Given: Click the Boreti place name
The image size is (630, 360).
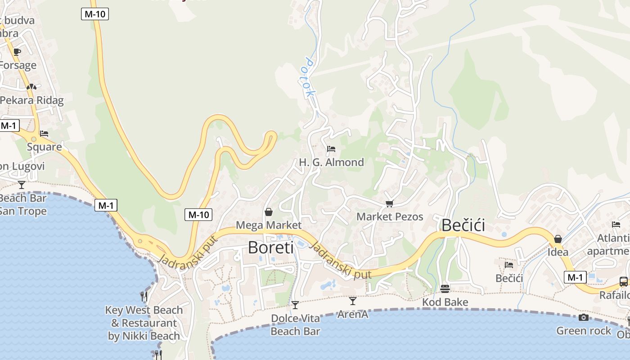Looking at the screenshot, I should pyautogui.click(x=270, y=247).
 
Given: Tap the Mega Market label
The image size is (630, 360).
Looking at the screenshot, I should pyautogui.click(x=269, y=225).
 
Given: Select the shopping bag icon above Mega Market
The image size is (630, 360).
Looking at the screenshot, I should pyautogui.click(x=269, y=211).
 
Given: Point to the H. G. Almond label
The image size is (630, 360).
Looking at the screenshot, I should pyautogui.click(x=332, y=162).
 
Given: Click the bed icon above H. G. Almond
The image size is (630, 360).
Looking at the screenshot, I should pyautogui.click(x=331, y=148).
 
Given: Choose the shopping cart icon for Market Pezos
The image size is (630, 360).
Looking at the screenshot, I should pyautogui.click(x=390, y=204).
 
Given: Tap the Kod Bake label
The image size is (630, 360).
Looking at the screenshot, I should pyautogui.click(x=445, y=302).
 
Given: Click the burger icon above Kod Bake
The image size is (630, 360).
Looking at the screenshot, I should pyautogui.click(x=445, y=288).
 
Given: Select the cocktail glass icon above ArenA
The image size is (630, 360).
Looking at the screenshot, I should pyautogui.click(x=353, y=301).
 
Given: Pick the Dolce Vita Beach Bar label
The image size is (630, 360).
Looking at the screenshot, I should pyautogui.click(x=295, y=325).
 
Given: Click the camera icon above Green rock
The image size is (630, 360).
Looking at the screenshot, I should pyautogui.click(x=584, y=317).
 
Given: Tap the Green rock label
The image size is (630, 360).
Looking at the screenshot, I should pyautogui.click(x=584, y=331).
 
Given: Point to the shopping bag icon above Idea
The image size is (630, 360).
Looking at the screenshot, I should pyautogui.click(x=558, y=239).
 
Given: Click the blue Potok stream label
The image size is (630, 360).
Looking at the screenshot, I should pyautogui.click(x=309, y=77).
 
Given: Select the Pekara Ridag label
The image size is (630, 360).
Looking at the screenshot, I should pyautogui.click(x=31, y=100).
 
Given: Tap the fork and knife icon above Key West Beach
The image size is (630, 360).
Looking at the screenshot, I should pyautogui.click(x=144, y=296).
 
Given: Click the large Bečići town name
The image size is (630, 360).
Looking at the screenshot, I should pyautogui.click(x=463, y=225).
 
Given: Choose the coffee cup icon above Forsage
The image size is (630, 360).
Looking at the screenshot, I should pyautogui.click(x=17, y=52).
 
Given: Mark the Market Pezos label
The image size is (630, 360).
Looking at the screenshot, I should pyautogui.click(x=390, y=216).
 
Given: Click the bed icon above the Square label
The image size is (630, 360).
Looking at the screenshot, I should pyautogui.click(x=44, y=134).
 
